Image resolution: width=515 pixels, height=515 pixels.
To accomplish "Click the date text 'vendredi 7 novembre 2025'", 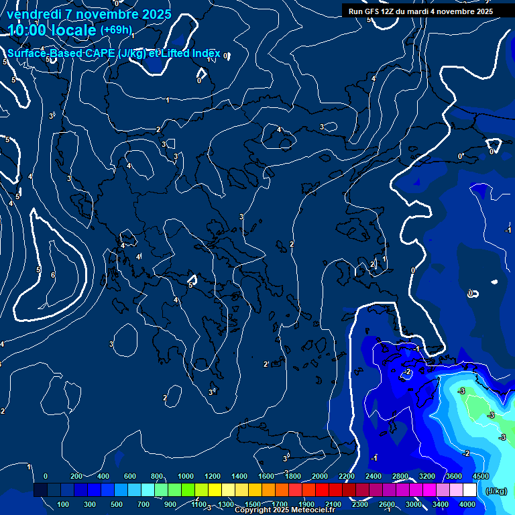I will click(x=89, y=14).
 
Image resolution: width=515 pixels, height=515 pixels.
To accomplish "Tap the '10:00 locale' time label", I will click(x=51, y=30).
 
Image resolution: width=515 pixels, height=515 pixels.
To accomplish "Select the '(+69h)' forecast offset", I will click(x=116, y=30).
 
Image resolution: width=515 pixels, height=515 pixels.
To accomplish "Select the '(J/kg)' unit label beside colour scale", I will click(x=495, y=491).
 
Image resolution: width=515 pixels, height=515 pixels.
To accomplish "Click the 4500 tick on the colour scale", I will click(x=480, y=476).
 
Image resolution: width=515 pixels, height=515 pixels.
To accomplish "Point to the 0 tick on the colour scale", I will click(x=46, y=476).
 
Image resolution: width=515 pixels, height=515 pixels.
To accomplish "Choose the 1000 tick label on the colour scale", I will click(x=186, y=476).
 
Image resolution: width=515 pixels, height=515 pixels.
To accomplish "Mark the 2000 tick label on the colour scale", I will click(x=320, y=476).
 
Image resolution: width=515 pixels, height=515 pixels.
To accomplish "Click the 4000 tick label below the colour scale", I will click(x=467, y=504).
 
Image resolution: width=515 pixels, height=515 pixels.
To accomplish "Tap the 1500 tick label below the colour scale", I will click(x=253, y=504).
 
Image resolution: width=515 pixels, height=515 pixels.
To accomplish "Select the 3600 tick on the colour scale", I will click(x=454, y=476).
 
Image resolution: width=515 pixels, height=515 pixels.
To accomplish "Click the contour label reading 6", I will click(x=53, y=275).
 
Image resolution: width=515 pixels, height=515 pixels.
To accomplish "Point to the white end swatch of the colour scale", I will click(x=469, y=490).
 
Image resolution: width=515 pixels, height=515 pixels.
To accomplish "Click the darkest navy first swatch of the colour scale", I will click(x=40, y=490).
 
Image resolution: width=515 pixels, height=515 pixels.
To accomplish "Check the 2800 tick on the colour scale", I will click(x=400, y=476).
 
